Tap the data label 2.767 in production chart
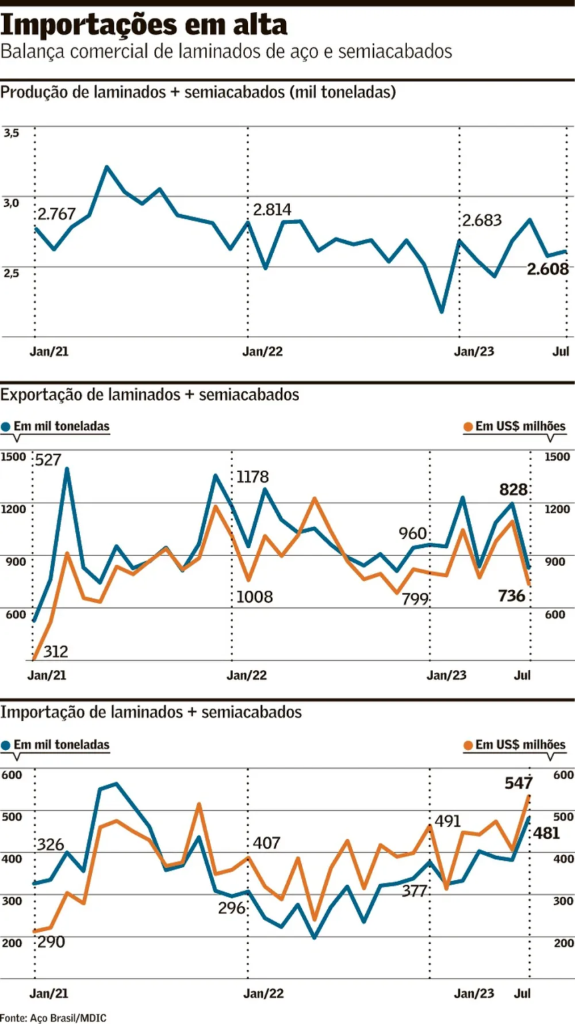(57, 215)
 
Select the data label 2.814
(272, 210)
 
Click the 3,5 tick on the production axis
(11, 133)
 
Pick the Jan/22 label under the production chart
(263, 352)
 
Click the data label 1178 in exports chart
(253, 477)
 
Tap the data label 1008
(255, 597)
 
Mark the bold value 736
(512, 595)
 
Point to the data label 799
(414, 599)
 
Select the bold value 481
(547, 833)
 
